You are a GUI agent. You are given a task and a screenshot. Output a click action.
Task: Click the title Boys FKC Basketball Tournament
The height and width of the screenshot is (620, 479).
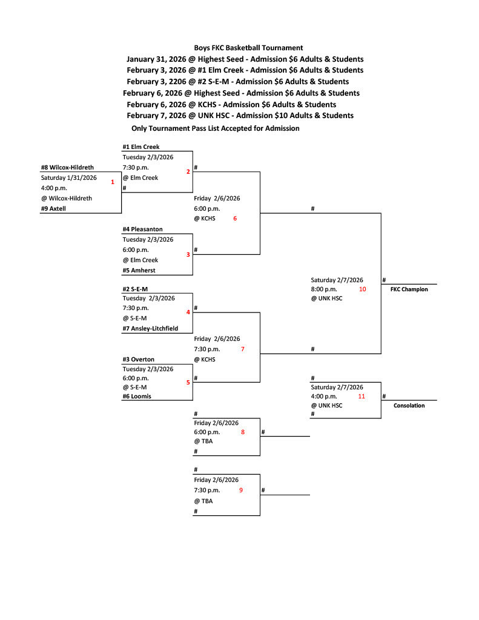pos(248,48)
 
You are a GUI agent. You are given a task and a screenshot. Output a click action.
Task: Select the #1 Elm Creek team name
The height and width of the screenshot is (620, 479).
pos(140,147)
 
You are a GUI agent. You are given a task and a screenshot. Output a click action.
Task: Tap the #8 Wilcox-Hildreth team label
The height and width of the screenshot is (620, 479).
pos(67,167)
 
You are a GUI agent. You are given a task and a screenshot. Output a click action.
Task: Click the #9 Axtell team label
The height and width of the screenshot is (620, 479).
pos(53,208)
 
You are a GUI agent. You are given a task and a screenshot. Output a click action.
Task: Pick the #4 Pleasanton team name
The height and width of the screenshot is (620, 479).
pos(142,229)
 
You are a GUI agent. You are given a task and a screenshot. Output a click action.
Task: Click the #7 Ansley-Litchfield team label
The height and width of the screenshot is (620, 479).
pos(155,328)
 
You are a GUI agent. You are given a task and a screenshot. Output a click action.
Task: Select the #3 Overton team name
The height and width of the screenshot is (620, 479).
pos(138,360)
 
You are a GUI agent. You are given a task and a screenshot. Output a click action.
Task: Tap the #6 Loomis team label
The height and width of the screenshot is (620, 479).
pos(137,396)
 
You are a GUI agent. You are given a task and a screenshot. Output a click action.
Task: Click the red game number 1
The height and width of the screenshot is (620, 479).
pos(113,182)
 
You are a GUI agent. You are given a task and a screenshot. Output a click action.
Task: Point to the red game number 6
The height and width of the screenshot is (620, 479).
pos(235,218)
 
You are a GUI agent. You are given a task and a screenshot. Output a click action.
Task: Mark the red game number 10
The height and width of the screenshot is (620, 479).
pos(362,289)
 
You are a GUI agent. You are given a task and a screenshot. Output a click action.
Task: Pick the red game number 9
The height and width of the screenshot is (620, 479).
pos(240,490)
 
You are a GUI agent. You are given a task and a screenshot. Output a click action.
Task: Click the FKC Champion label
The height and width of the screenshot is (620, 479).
pos(409,289)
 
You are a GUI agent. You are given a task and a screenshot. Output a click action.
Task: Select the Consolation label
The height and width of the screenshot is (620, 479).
pos(409,406)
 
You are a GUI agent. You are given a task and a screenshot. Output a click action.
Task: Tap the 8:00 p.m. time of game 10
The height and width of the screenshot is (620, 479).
pos(324,289)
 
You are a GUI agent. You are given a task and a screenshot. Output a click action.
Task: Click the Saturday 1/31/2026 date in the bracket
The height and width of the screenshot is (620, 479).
pos(69,177)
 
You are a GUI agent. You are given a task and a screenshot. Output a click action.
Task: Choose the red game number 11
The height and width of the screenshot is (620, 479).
pos(362,396)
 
